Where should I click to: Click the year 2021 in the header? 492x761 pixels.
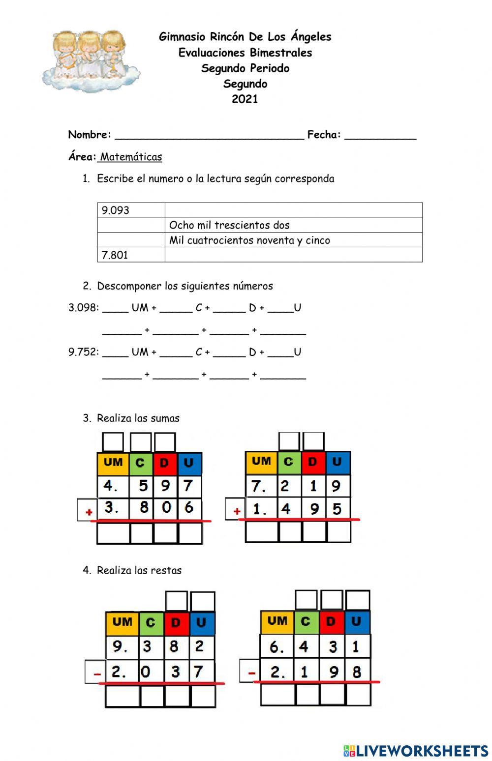245,99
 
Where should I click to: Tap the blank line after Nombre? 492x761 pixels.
209,136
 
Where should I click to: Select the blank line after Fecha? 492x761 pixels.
380,136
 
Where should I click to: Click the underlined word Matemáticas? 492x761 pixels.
131,157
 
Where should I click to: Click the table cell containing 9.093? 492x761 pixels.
131,210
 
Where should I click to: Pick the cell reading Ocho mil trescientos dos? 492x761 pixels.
293,225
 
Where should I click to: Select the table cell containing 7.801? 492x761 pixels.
131,255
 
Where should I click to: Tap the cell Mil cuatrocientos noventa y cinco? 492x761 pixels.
293,240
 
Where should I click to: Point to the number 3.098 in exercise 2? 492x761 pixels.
83,308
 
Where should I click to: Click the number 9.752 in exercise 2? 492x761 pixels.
83,352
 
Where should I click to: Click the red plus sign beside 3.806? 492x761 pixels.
89,512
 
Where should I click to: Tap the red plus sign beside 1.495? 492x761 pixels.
237,511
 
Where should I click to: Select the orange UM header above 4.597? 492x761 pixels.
113,463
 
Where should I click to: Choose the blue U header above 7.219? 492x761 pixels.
337,462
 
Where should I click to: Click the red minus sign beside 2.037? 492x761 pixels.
97,673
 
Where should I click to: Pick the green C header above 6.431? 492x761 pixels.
306,622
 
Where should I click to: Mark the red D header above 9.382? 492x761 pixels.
176,623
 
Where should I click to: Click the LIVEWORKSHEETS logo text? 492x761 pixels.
416,751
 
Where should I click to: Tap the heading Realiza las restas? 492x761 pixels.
139,570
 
